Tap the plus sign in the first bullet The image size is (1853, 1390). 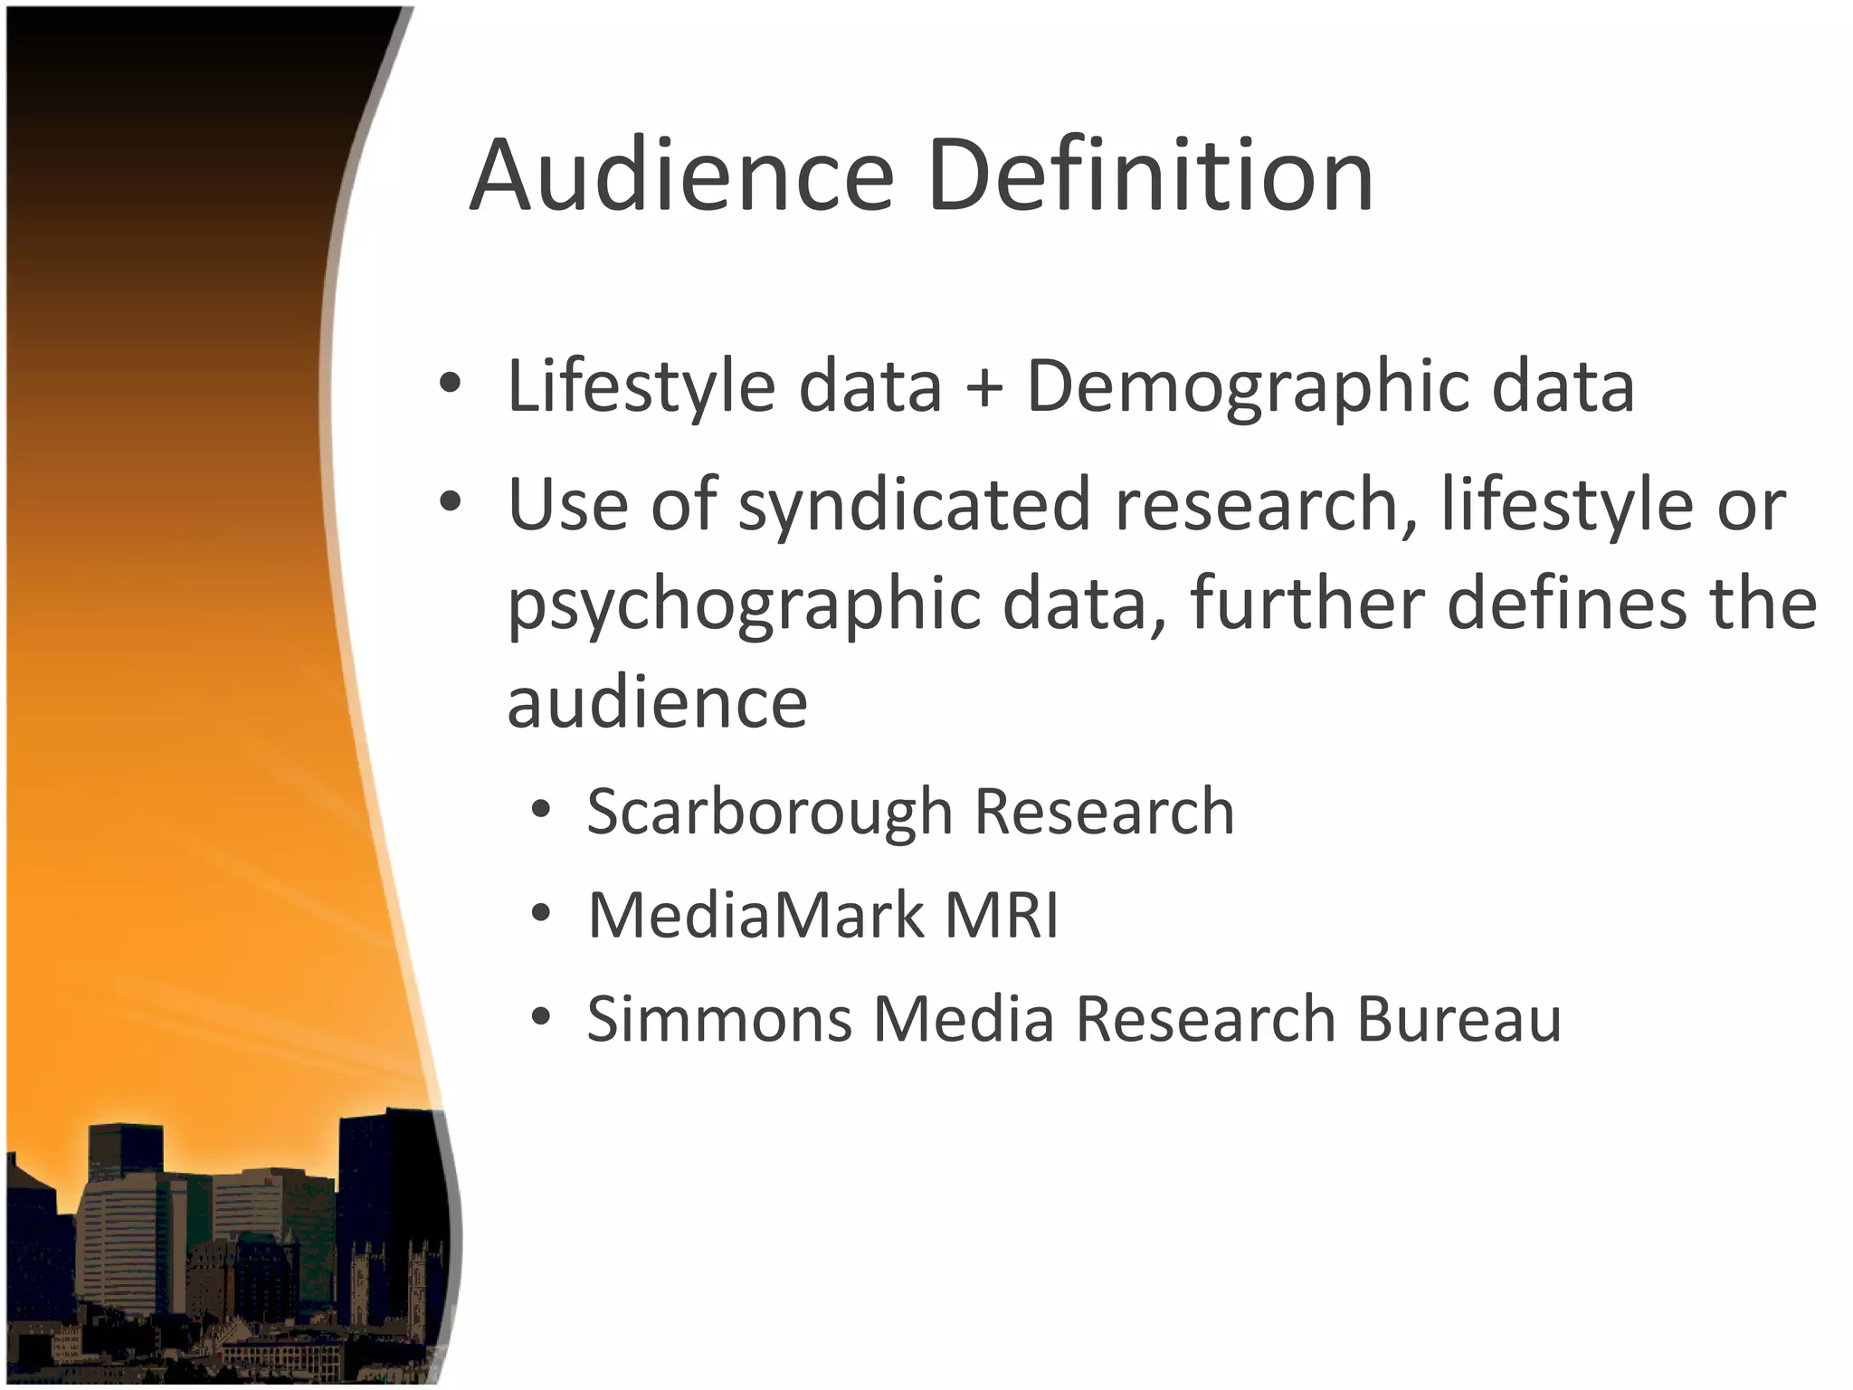pos(984,387)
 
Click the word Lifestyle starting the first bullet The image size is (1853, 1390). pos(641,387)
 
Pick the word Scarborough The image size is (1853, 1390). pos(769,812)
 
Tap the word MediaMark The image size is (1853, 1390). pos(756,915)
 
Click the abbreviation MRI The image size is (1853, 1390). pos(1002,915)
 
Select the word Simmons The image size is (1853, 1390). pos(719,1019)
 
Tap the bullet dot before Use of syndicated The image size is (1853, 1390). pos(450,502)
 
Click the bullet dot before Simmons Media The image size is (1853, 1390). pos(541,1017)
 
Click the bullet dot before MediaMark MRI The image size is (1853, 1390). pos(541,913)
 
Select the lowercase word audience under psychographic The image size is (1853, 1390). pos(657,704)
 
